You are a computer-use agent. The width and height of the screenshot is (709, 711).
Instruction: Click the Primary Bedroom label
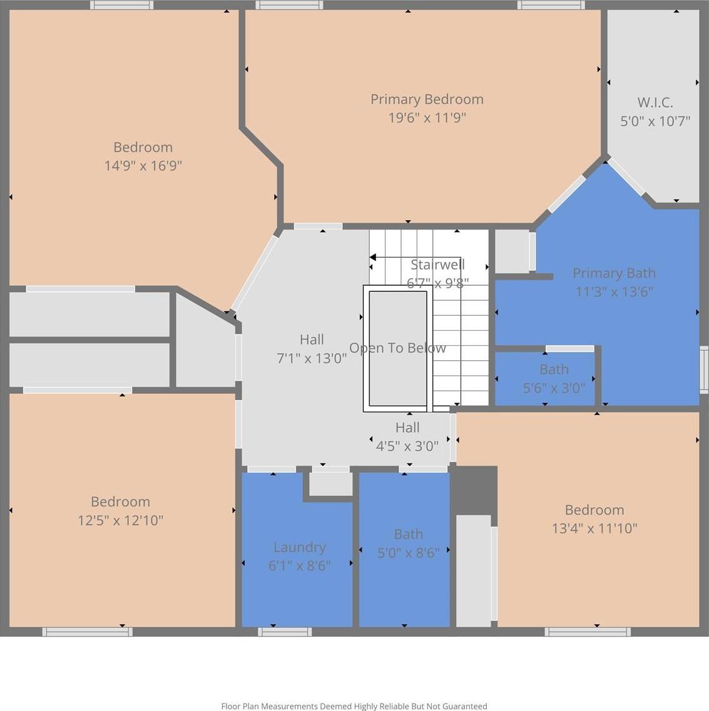tap(427, 99)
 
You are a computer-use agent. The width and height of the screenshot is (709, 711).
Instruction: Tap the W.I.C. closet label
tap(655, 103)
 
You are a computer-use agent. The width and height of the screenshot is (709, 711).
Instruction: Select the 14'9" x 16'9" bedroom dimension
tap(143, 166)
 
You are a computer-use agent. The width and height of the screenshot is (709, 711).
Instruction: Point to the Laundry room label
tap(300, 548)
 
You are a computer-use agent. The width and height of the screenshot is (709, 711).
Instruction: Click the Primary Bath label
tap(614, 273)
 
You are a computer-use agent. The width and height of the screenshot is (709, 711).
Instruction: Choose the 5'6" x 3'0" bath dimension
tap(554, 388)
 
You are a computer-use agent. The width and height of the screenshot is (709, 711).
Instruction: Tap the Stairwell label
tap(437, 265)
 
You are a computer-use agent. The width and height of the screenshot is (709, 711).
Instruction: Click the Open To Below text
tap(397, 348)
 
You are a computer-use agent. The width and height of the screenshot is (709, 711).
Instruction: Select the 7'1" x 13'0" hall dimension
tap(312, 359)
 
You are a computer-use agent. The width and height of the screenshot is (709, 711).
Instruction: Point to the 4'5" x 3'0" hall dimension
tap(407, 446)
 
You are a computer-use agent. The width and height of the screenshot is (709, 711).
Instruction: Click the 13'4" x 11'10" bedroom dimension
tap(594, 528)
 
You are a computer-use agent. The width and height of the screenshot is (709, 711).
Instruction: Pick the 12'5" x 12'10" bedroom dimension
tap(120, 520)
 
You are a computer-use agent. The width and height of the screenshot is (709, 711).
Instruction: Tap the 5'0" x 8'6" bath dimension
tap(409, 553)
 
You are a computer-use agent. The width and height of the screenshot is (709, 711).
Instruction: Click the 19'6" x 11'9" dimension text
tap(427, 118)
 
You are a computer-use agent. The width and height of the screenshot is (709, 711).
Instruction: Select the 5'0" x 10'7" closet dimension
tap(655, 121)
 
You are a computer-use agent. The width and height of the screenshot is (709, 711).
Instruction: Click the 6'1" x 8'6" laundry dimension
tap(300, 566)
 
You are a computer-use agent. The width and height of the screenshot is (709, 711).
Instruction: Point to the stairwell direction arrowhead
tap(373, 258)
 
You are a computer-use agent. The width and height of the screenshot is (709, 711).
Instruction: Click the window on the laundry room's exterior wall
tap(285, 632)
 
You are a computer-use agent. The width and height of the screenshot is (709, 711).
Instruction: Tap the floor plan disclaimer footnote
tap(354, 706)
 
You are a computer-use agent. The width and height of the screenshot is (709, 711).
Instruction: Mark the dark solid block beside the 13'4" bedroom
tap(475, 491)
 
